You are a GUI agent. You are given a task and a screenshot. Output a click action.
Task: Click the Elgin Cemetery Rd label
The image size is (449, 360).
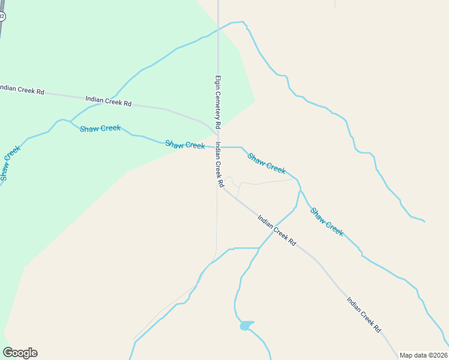[x=218, y=101]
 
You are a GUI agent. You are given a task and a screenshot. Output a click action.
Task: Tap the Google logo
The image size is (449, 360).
[x=20, y=353]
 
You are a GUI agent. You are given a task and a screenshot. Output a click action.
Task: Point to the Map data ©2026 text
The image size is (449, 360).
[x=424, y=355]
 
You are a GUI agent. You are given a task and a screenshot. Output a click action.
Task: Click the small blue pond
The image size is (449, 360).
[x=246, y=326]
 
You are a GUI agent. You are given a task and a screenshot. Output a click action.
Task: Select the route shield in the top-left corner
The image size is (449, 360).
[x=2, y=16]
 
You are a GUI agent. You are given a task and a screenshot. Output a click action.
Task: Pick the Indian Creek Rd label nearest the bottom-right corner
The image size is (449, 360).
[x=364, y=314]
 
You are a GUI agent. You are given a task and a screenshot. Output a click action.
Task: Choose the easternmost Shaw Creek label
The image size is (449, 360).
[x=327, y=222]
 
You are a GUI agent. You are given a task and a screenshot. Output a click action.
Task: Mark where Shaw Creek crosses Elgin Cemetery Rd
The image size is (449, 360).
[x=218, y=146]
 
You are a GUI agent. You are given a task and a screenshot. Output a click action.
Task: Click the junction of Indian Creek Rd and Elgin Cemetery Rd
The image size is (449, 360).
[x=217, y=134]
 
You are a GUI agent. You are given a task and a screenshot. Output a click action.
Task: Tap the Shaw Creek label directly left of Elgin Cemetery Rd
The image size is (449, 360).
[x=185, y=145]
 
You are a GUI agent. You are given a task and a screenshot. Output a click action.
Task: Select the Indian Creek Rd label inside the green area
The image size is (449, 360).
[x=108, y=101]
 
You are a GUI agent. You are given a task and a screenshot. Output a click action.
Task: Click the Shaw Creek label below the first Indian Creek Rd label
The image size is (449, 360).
[x=100, y=128]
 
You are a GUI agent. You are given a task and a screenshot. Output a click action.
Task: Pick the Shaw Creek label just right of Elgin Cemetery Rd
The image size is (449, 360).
[x=267, y=163]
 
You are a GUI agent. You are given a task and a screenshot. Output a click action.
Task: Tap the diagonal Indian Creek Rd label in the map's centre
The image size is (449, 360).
[x=277, y=230]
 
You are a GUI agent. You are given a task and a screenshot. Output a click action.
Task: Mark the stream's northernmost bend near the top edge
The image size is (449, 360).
[x=243, y=22]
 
